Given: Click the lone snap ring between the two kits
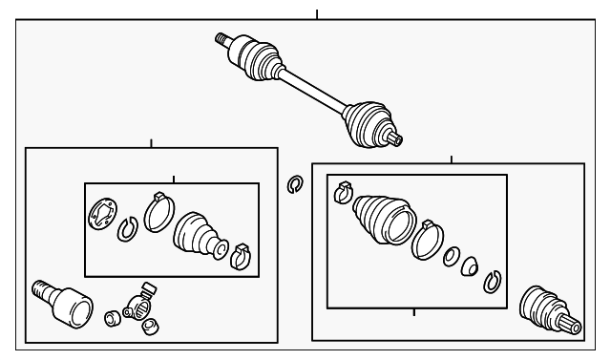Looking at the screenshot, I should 295,183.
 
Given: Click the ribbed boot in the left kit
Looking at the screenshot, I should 199,233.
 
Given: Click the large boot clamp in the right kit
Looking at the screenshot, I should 427,241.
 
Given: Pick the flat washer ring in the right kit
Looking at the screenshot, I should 453,257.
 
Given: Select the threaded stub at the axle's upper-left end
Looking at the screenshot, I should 223,39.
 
